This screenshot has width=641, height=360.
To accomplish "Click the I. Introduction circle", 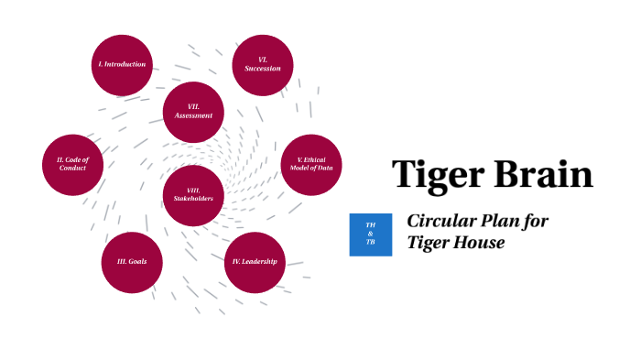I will click(122, 65).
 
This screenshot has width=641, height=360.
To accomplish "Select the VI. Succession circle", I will click(262, 65).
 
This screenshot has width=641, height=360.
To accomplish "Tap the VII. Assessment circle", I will click(193, 112).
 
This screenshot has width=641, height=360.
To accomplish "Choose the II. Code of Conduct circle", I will click(72, 165).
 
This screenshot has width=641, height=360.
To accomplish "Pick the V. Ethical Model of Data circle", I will click(310, 165).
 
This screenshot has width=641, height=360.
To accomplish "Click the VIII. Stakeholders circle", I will click(193, 194).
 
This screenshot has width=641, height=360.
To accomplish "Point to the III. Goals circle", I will click(132, 262).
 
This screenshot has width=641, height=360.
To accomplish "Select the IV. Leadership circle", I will click(255, 262).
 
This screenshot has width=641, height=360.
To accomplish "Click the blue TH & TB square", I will click(371, 235).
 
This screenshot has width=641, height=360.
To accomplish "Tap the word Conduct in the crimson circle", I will click(72, 169).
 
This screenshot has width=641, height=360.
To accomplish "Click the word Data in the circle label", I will click(326, 169).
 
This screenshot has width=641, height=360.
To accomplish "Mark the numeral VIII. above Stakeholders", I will click(193, 190).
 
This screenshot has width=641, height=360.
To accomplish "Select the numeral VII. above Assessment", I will click(193, 106).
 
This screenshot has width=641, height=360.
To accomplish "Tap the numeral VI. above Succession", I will click(262, 60).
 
